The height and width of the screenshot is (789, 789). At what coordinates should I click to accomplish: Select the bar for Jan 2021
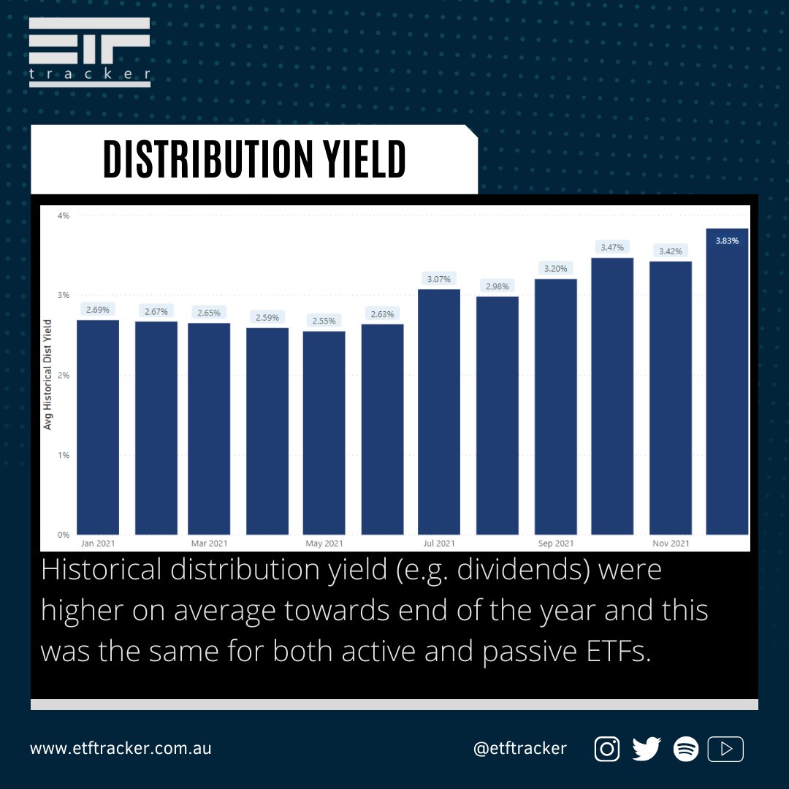(98, 427)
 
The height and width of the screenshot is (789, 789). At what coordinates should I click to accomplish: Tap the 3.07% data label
(439, 278)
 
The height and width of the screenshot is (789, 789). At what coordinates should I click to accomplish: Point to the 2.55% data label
(324, 321)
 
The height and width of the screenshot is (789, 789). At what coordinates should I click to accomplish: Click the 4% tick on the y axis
(64, 216)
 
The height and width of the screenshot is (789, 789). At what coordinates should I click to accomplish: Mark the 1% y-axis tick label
(64, 455)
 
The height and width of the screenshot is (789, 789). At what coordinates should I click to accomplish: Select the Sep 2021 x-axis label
(555, 544)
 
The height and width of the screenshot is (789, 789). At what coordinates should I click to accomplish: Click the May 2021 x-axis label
(324, 544)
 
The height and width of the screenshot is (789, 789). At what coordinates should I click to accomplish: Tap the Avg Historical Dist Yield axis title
(48, 374)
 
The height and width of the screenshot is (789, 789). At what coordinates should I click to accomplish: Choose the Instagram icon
(607, 749)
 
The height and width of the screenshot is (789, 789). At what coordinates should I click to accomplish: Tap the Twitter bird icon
(647, 749)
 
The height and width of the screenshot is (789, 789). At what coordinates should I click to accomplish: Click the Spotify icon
(686, 749)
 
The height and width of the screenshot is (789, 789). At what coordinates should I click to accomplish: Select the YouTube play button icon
(726, 749)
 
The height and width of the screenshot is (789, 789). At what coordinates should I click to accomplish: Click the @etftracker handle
(519, 749)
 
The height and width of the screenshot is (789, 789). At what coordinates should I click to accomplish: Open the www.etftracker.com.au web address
(121, 749)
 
